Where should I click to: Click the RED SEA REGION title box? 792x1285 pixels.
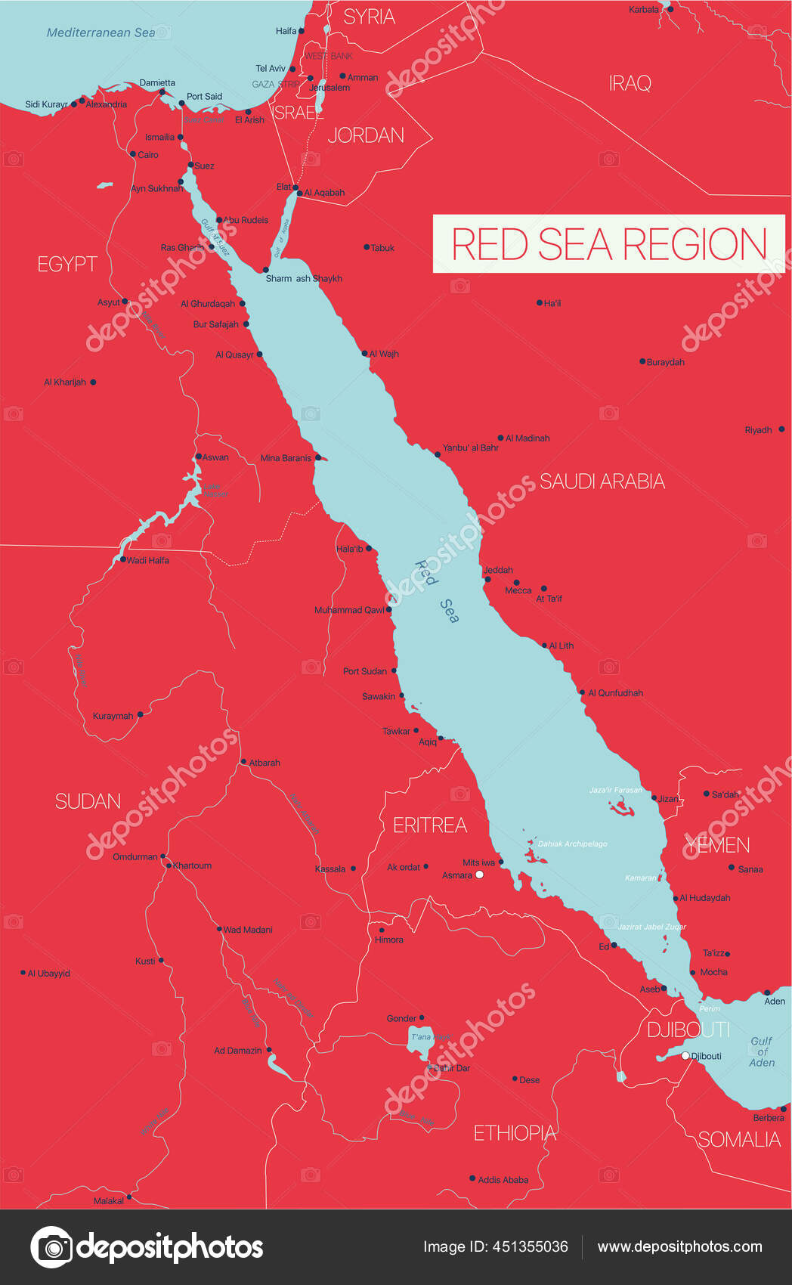click(x=609, y=243)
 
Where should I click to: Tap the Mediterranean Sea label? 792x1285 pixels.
click(x=101, y=33)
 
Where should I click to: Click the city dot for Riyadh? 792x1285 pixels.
click(x=781, y=429)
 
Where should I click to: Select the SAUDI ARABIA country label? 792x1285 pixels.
click(x=602, y=481)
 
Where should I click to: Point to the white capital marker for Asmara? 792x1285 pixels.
click(x=479, y=875)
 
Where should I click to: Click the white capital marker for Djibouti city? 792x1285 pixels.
click(x=685, y=1056)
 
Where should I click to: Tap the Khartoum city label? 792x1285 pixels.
click(x=193, y=865)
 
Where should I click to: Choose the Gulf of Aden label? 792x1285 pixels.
click(x=762, y=1051)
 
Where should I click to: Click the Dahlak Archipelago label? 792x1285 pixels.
click(x=572, y=844)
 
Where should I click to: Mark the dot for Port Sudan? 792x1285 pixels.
click(x=394, y=670)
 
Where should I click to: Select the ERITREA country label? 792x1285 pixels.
click(x=430, y=825)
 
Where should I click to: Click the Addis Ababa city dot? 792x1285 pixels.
click(x=472, y=1178)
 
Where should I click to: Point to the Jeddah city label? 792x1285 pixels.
click(x=498, y=570)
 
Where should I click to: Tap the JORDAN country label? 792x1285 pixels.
click(x=366, y=135)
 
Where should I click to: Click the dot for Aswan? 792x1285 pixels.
click(x=198, y=457)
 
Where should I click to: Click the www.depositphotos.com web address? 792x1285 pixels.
click(x=679, y=1246)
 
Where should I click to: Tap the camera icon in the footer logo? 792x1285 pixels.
click(x=51, y=1246)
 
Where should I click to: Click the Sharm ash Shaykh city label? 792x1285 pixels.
click(x=304, y=278)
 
